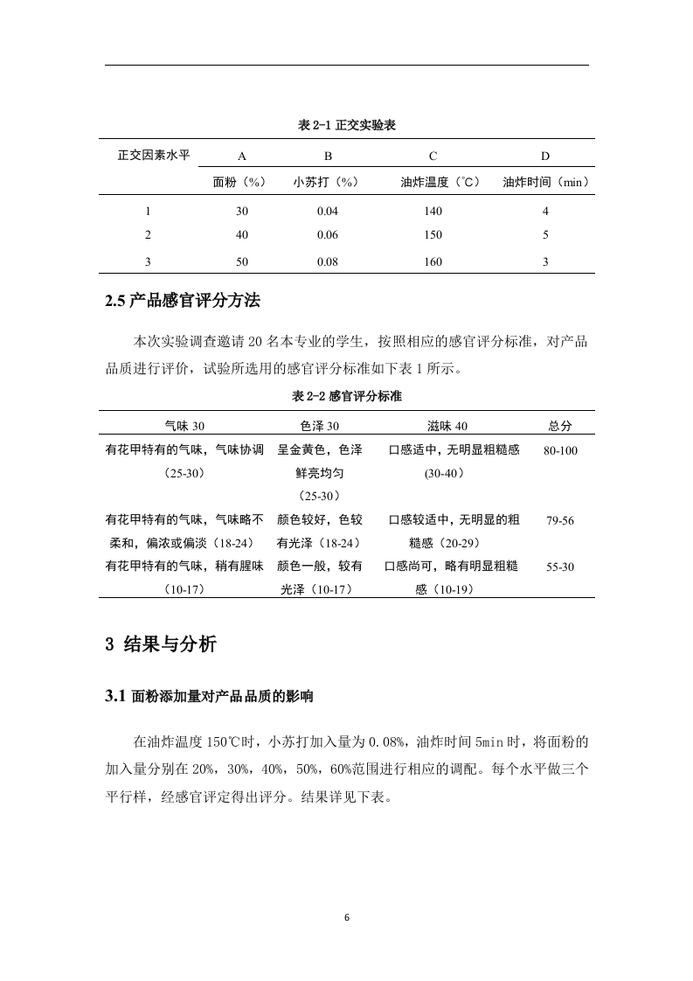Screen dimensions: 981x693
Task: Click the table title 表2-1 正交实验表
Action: coord(347,126)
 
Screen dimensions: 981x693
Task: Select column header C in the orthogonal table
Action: coord(433,157)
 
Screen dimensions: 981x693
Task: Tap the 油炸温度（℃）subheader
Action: coord(440,183)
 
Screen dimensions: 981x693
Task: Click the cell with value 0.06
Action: coord(327,234)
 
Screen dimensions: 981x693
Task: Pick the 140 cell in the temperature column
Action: coord(433,211)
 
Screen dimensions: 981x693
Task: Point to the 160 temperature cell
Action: coord(433,261)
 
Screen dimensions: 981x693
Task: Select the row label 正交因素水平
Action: coord(154,156)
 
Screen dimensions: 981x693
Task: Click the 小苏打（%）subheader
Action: coord(327,183)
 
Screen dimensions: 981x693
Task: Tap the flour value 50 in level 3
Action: coord(242,261)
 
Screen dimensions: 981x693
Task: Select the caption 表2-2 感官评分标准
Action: coord(347,396)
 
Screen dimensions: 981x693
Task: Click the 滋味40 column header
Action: coord(447,426)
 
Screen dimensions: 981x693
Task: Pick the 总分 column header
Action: coord(560,426)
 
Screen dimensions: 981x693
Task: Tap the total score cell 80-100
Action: coord(560,450)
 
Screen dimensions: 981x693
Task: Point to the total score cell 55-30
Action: coord(560,567)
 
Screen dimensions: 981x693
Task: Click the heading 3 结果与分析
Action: coord(161,645)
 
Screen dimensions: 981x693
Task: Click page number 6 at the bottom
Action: coord(347,917)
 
